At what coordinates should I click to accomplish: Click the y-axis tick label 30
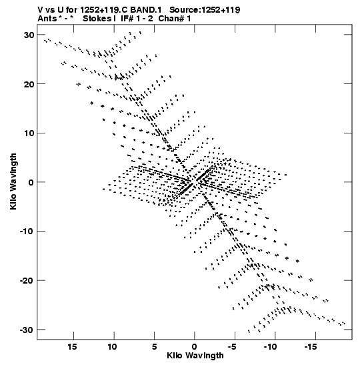29,35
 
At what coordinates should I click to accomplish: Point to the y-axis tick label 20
29,84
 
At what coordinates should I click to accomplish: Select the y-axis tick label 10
29,133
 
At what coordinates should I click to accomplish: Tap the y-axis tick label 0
31,182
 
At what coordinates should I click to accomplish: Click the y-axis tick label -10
27,232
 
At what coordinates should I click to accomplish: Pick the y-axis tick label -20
27,280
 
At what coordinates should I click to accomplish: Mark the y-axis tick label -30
27,330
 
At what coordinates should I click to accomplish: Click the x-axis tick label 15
72,347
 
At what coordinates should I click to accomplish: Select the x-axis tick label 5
155,347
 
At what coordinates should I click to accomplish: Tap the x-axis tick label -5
233,347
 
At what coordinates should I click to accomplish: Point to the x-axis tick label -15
311,347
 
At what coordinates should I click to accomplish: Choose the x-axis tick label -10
271,347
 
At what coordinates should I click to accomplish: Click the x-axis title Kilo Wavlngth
195,356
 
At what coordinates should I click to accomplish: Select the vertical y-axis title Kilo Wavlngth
13,181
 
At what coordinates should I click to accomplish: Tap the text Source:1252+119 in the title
205,10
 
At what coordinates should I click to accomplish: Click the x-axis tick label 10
112,347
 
